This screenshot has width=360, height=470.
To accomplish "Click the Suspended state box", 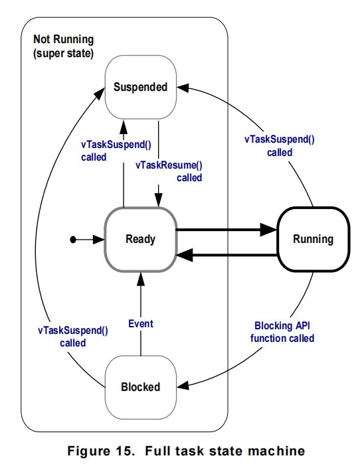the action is pos(140,87).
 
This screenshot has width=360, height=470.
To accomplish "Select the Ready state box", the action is pos(140,239).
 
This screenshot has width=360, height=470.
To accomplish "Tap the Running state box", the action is pos(313,239).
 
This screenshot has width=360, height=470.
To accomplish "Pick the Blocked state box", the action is pos(140,387).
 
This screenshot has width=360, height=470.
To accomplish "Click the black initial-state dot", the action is pos(73,240).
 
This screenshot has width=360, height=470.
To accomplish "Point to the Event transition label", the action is pos(141,324).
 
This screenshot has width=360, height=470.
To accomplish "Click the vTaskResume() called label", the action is pos(169,171).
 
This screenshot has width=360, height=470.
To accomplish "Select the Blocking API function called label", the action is pos(282,332).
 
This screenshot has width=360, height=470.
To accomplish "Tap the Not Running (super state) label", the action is pos(63,46).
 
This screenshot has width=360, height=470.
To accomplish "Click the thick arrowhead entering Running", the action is pos(268,230).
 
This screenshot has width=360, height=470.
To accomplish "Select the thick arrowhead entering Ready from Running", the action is pos(184,255).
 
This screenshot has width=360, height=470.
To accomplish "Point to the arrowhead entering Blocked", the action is pos(183,385).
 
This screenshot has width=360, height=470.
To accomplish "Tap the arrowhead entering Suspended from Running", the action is pos(183,88).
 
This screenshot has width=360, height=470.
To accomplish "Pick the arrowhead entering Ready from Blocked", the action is pos(140,279).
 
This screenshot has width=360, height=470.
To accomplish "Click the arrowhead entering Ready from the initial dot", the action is pos(98,240).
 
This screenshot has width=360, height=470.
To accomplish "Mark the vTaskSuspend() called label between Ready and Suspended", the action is pos(116,151).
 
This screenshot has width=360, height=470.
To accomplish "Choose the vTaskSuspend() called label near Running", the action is pos(280,146).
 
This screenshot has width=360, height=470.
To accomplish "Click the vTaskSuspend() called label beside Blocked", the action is pos(73,337).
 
